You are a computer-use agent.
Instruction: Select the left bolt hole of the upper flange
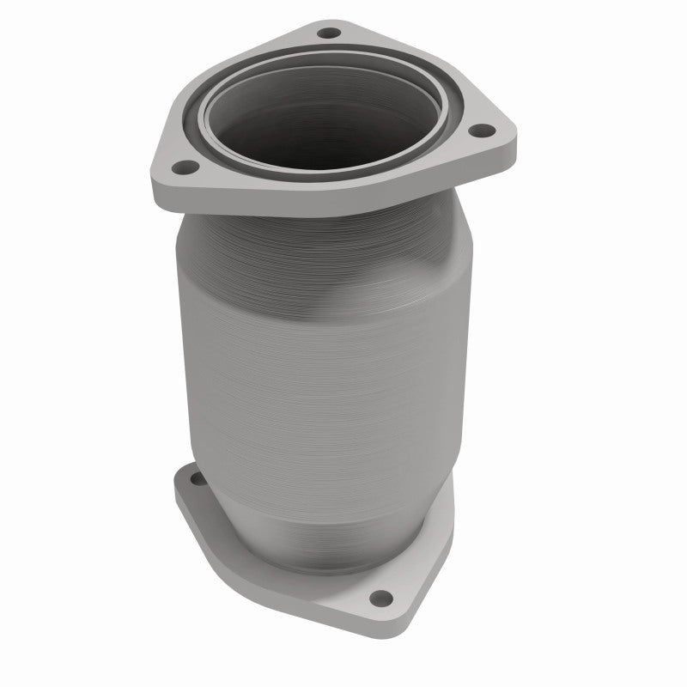(182, 168)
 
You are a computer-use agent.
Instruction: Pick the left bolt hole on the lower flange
(192, 478)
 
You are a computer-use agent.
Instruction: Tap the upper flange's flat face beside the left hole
(206, 172)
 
